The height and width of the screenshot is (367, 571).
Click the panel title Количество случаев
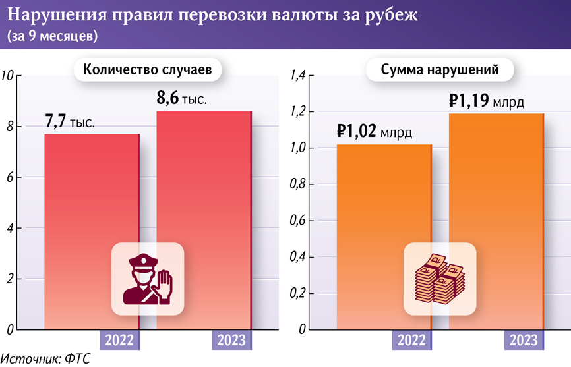click(146, 71)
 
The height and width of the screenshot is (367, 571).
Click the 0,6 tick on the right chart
click(298, 221)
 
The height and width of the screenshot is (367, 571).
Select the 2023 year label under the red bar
click(232, 340)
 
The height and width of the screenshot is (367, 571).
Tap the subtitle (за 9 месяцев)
click(52, 36)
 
